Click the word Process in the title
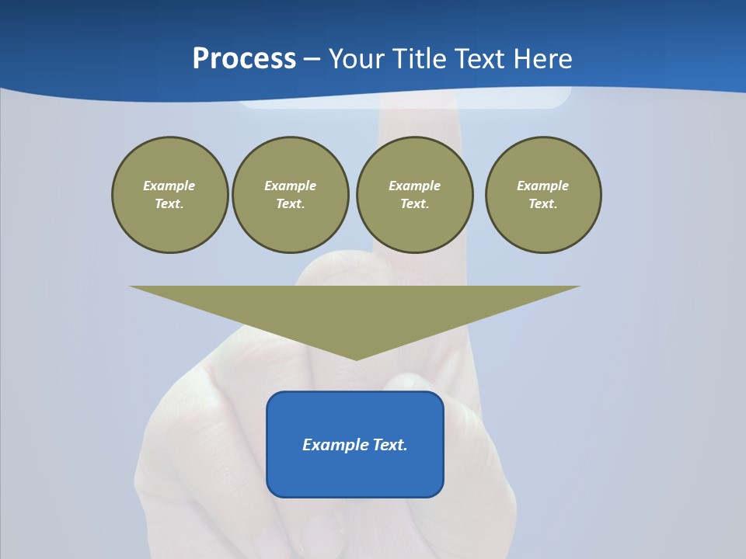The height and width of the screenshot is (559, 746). pos(244,59)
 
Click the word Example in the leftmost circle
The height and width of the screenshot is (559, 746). pos(169,186)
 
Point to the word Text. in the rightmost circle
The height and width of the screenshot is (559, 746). pos(542,204)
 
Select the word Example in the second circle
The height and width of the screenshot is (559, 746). pos(290,186)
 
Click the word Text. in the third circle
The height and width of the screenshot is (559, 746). pos(414,204)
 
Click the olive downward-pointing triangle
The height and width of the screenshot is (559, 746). pos(355,311)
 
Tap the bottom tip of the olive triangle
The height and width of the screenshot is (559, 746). pos(356,359)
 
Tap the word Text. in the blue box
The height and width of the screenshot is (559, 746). pos(390,445)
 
